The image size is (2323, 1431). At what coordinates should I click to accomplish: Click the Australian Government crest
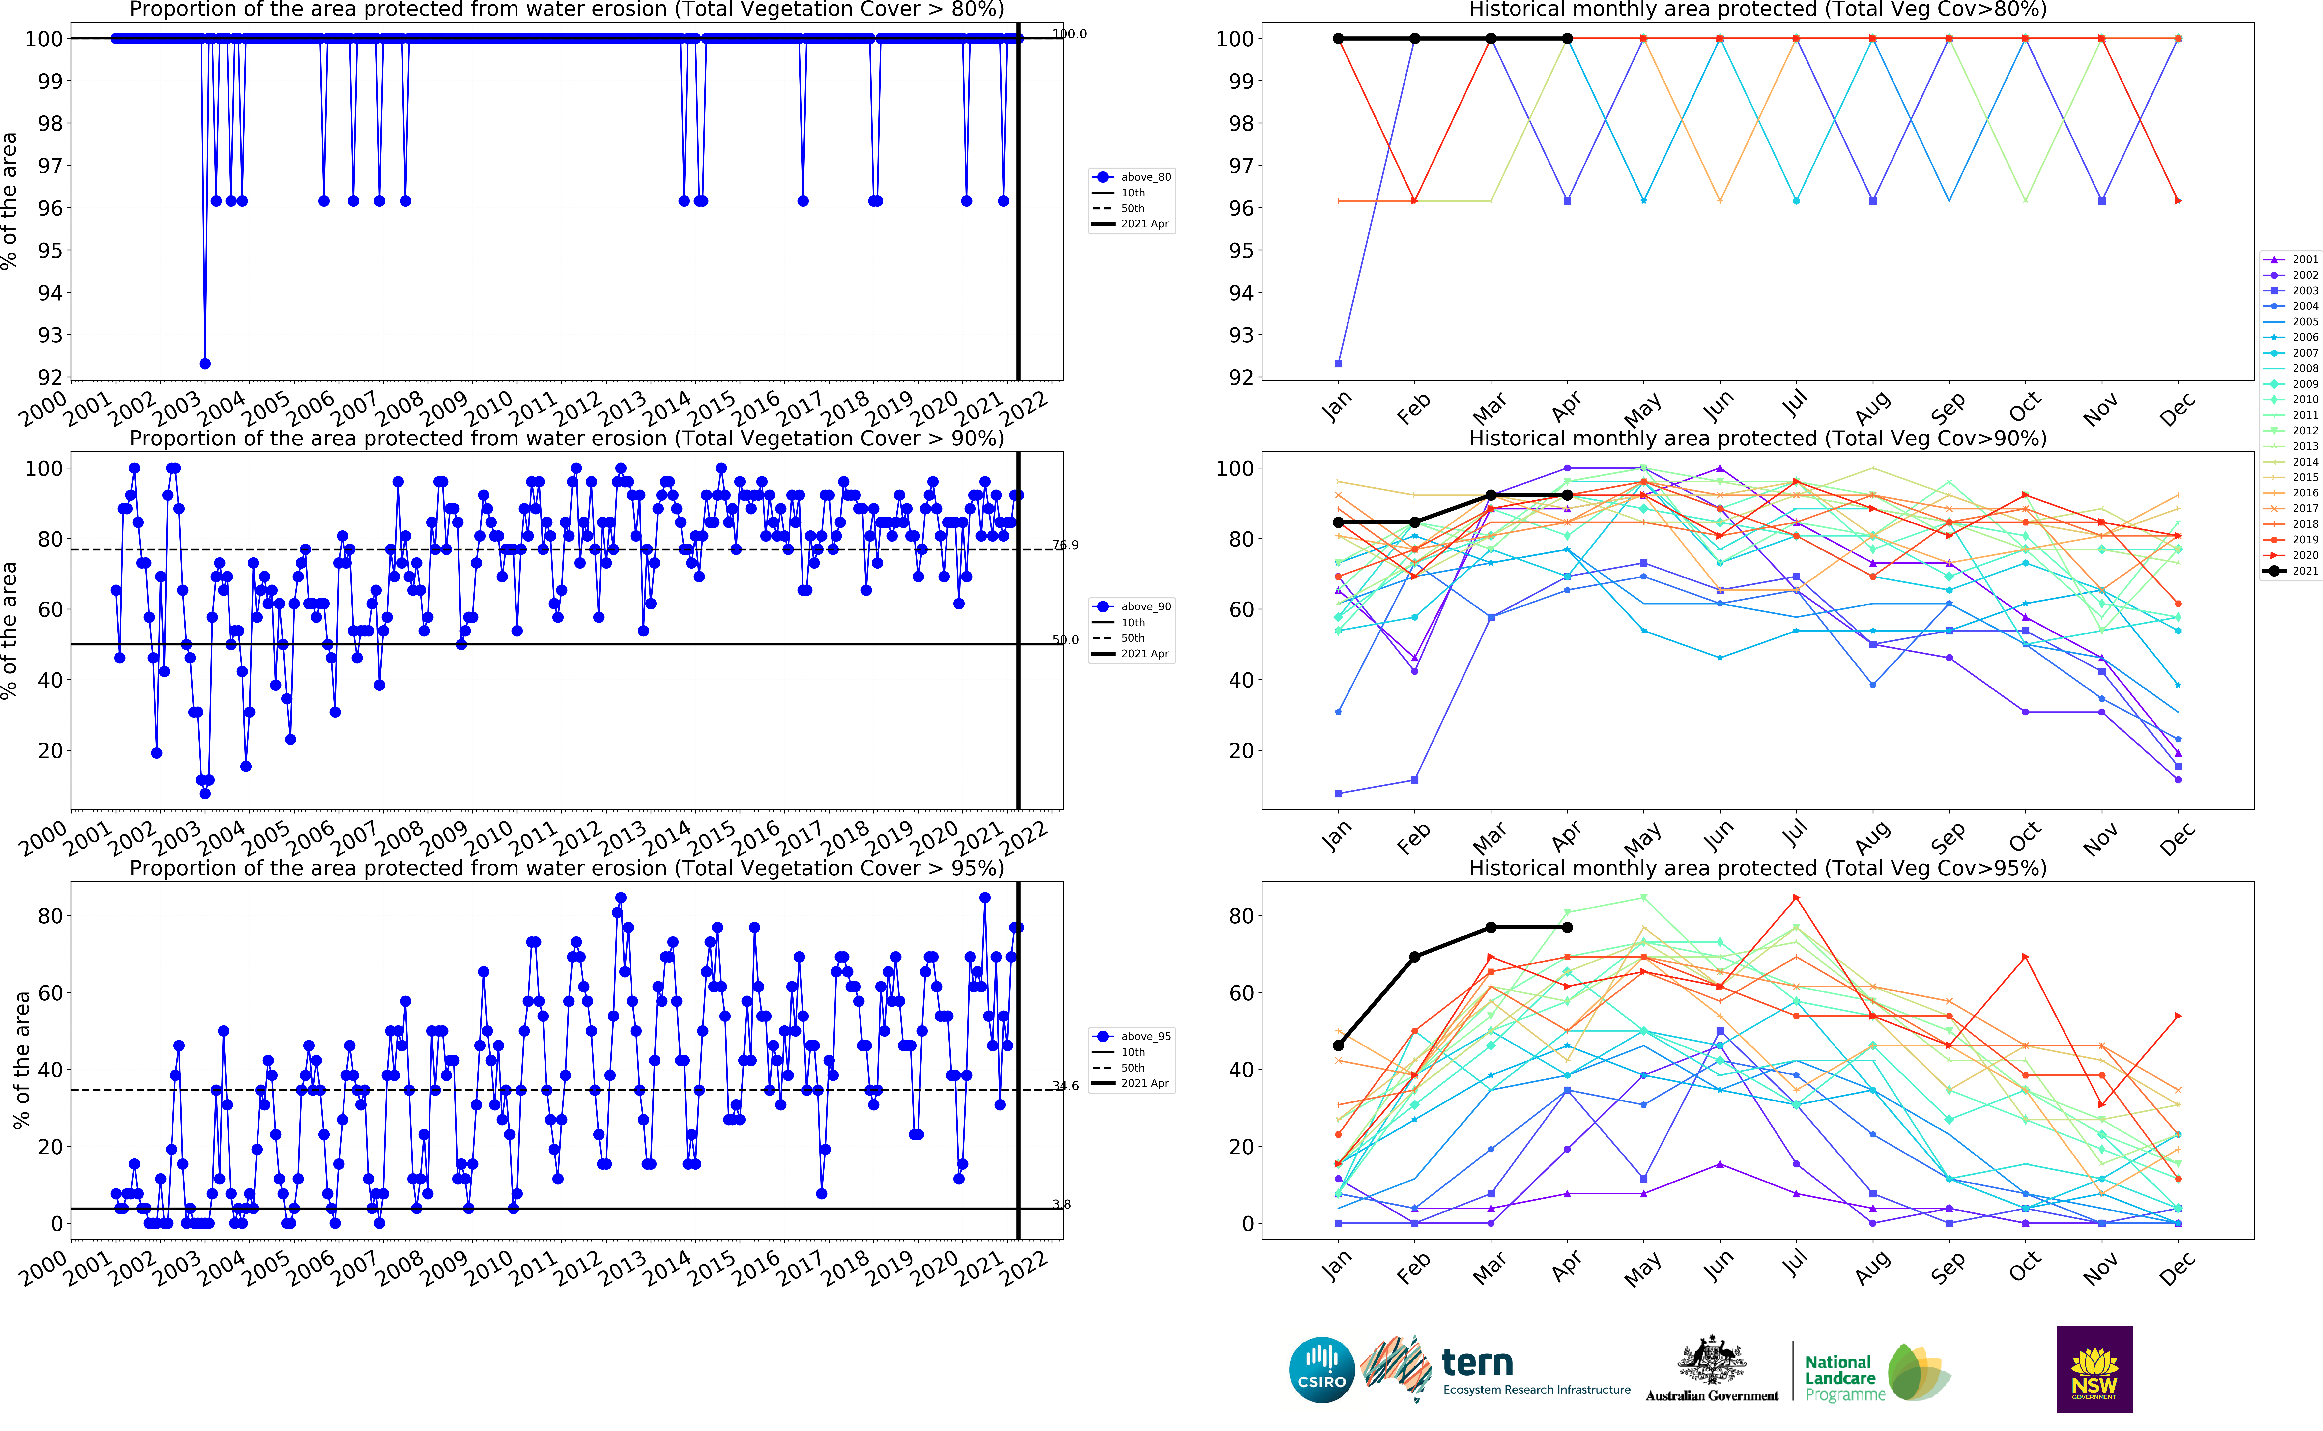pyautogui.click(x=1712, y=1360)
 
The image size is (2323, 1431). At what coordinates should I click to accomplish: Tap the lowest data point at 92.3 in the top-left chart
pyautogui.click(x=204, y=363)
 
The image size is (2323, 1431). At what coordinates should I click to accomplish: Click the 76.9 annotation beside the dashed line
pyautogui.click(x=1065, y=545)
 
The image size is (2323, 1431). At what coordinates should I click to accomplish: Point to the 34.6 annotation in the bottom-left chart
pyautogui.click(x=1065, y=1086)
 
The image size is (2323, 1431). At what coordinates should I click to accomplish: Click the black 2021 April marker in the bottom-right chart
pyautogui.click(x=1568, y=928)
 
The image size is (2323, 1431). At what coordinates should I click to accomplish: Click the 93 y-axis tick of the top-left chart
pyautogui.click(x=49, y=335)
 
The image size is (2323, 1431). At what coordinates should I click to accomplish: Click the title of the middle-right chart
pyautogui.click(x=1757, y=438)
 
